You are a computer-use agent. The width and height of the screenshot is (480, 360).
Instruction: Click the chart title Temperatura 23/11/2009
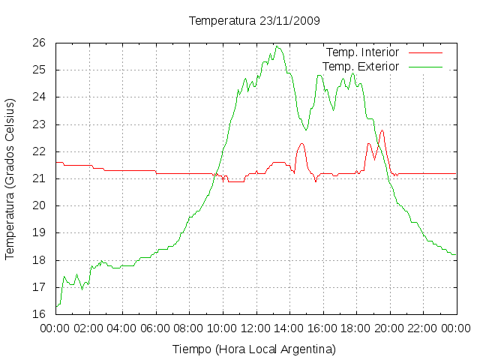pyautogui.click(x=254, y=21)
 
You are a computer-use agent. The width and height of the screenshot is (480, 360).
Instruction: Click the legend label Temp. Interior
pyautogui.click(x=362, y=52)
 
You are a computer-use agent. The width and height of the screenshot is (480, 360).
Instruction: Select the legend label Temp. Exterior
pyautogui.click(x=361, y=67)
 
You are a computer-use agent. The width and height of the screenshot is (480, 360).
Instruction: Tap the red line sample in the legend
pyautogui.click(x=425, y=52)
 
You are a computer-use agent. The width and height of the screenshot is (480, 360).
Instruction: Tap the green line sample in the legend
pyautogui.click(x=425, y=67)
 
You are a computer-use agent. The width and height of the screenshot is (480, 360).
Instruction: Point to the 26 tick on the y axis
pyautogui.click(x=39, y=43)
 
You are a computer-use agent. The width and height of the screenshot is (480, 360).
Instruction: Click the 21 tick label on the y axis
pyautogui.click(x=39, y=178)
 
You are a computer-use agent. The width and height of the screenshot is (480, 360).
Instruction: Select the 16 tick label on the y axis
pyautogui.click(x=39, y=313)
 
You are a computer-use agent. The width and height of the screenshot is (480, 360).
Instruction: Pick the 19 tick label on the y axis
pyautogui.click(x=39, y=232)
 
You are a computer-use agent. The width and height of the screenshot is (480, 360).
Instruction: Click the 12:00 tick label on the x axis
pyautogui.click(x=256, y=328)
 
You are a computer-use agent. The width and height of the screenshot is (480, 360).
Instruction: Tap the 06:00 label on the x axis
pyautogui.click(x=155, y=328)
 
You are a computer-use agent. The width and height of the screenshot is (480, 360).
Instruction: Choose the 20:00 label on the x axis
pyautogui.click(x=389, y=328)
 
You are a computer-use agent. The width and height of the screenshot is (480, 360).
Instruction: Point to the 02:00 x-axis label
pyautogui.click(x=88, y=328)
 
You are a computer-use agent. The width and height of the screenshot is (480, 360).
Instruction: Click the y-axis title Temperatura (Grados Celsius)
pyautogui.click(x=10, y=179)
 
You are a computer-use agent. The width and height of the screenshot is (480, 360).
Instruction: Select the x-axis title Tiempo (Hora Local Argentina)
pyautogui.click(x=254, y=349)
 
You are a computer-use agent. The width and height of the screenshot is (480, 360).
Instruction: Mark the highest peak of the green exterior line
pyautogui.click(x=277, y=46)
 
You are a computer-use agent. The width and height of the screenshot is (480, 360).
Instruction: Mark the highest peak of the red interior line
pyautogui.click(x=382, y=130)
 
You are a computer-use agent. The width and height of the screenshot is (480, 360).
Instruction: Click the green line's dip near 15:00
pyautogui.click(x=305, y=130)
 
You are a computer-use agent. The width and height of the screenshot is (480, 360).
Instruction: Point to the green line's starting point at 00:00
pyautogui.click(x=56, y=306)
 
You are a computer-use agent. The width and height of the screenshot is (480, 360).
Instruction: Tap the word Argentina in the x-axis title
pyautogui.click(x=307, y=349)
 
